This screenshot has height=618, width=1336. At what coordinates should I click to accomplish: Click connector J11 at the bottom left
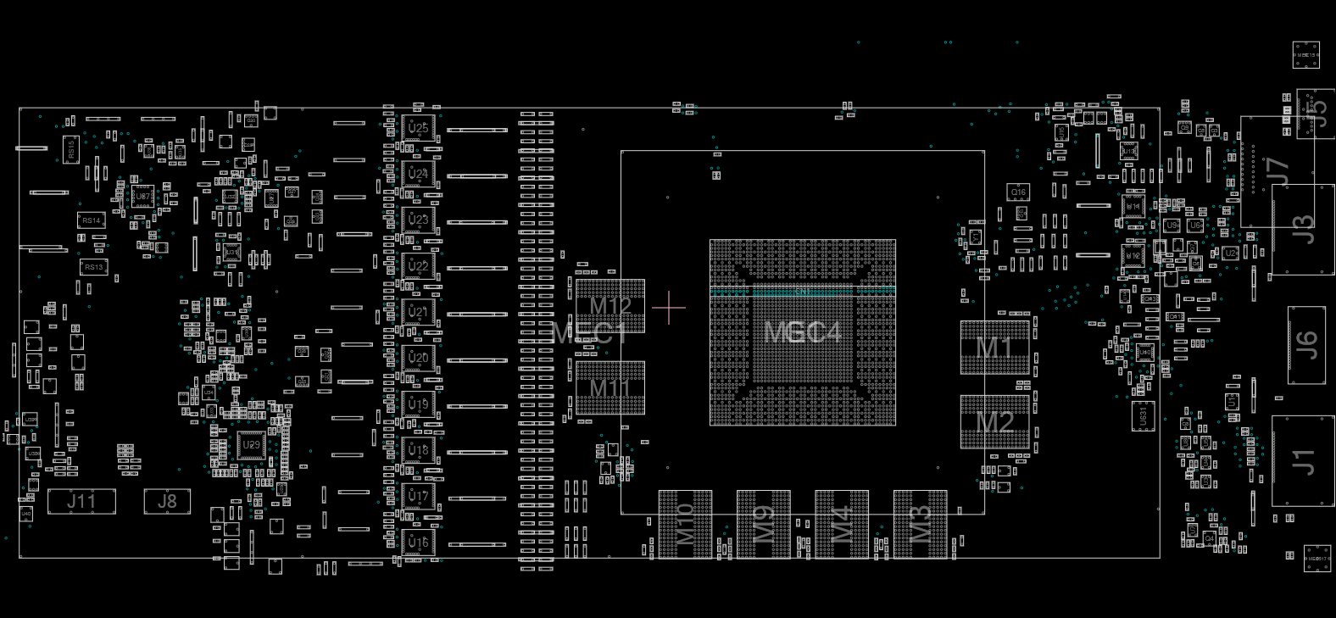(81, 501)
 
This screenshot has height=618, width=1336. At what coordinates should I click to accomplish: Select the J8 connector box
(167, 501)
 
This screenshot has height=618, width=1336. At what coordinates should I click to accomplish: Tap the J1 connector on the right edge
(1303, 460)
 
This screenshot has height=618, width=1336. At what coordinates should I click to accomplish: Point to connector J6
(1305, 345)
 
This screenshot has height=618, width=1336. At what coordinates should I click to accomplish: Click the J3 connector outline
(1303, 229)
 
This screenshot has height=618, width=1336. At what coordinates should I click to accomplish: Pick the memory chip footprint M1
(994, 348)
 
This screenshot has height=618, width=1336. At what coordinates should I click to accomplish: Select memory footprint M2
(994, 421)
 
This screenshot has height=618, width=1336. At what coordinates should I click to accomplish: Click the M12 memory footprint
(610, 305)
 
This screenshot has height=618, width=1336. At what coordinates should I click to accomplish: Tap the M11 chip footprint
(610, 388)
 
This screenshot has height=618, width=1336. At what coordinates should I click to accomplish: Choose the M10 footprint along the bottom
(685, 524)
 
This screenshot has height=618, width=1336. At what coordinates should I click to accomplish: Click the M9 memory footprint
(763, 524)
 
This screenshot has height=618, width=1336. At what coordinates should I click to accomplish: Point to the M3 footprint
(920, 524)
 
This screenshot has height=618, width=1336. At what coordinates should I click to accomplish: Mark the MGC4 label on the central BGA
(802, 332)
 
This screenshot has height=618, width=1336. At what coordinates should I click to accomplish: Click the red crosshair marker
(669, 308)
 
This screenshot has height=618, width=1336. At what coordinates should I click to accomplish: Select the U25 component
(418, 128)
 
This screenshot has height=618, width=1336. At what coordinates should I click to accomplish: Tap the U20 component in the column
(418, 358)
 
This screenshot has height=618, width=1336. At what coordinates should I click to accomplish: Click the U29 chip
(251, 445)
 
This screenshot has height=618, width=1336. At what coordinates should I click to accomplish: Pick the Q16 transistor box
(1018, 192)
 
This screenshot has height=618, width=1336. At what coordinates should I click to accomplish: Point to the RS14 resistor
(91, 220)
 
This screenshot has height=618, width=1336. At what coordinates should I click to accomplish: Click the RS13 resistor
(93, 267)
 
